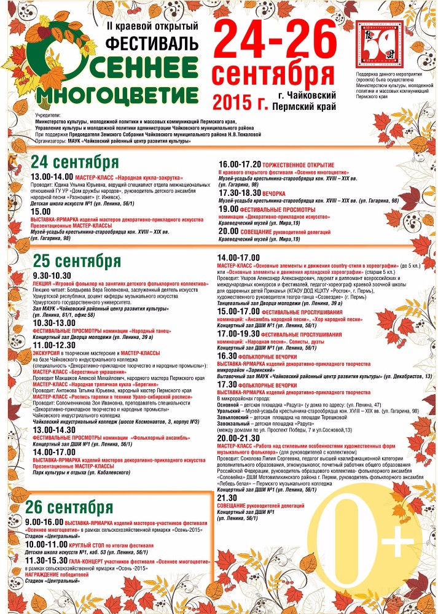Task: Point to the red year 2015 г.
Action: [240, 100]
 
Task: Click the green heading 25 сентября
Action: [76, 262]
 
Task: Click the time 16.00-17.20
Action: [240, 165]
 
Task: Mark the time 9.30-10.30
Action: [52, 276]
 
